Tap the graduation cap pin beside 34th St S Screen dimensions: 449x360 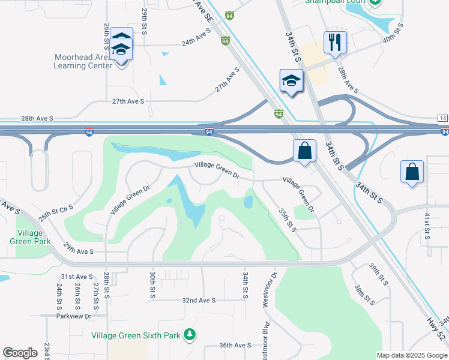point(291,82)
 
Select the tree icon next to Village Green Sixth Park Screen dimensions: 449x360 point(190,334)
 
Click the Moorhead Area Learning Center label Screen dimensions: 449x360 point(83,61)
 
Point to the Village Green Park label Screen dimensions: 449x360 point(26,237)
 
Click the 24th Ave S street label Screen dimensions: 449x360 point(197,43)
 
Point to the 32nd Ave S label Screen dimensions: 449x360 point(197,300)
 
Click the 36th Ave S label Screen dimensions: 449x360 point(235,345)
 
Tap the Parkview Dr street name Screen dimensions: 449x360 point(73,316)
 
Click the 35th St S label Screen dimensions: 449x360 point(287,220)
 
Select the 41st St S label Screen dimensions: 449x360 point(427,226)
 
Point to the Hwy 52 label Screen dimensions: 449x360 point(436,332)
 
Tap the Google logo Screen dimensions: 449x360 point(20,353)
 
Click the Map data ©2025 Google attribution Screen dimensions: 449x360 point(412,355)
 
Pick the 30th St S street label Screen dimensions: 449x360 point(153,284)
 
